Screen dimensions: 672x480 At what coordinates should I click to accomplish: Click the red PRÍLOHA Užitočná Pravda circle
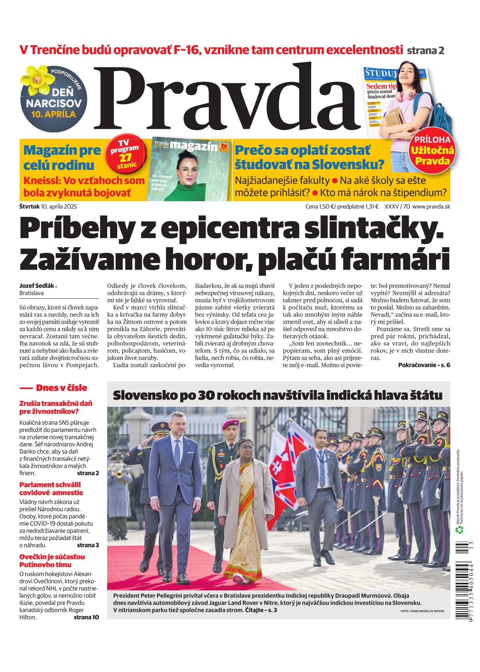(432, 151)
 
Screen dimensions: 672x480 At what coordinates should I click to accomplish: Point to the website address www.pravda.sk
(431, 207)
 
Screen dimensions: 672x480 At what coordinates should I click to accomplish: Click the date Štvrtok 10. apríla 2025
(48, 207)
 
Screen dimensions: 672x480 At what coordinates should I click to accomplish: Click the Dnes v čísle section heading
(61, 388)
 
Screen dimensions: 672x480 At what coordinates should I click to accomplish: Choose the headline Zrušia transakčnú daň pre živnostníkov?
(56, 407)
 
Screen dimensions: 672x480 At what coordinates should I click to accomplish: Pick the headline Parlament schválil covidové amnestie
(51, 488)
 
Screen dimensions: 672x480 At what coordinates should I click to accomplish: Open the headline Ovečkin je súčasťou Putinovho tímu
(52, 560)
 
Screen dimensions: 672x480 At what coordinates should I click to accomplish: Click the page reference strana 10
(86, 617)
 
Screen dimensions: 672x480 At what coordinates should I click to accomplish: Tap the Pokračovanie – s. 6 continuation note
(424, 365)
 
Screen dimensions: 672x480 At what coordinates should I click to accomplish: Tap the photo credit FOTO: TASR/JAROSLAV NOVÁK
(422, 611)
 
